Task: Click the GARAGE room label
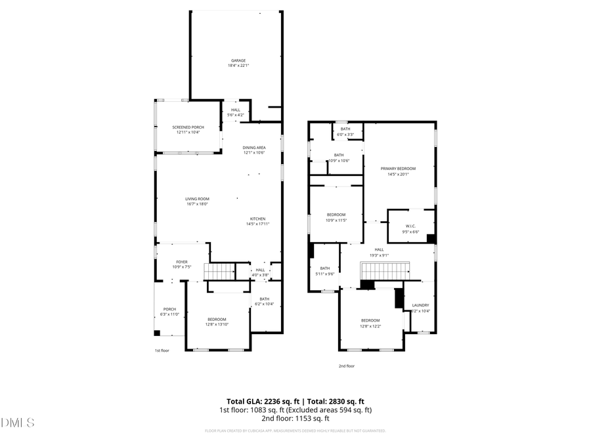pyautogui.click(x=238, y=60)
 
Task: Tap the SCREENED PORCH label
pyautogui.click(x=188, y=127)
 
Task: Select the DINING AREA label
pyautogui.click(x=254, y=148)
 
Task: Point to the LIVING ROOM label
pyautogui.click(x=196, y=199)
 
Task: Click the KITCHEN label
pyautogui.click(x=257, y=219)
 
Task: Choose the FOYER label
pyautogui.click(x=181, y=262)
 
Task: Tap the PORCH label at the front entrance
pyautogui.click(x=169, y=309)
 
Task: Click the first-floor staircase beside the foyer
pyautogui.click(x=219, y=270)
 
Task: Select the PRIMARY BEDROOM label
pyautogui.click(x=398, y=169)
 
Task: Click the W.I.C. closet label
pyautogui.click(x=410, y=226)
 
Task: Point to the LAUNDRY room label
pyautogui.click(x=420, y=305)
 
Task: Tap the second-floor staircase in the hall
pyautogui.click(x=383, y=270)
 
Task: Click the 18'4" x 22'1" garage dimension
pyautogui.click(x=238, y=66)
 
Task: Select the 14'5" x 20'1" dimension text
pyautogui.click(x=398, y=174)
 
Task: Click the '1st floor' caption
pyautogui.click(x=162, y=350)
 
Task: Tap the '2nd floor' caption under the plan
pyautogui.click(x=346, y=366)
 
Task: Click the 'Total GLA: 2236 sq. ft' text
pyautogui.click(x=261, y=401)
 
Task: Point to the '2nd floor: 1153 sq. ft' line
pyautogui.click(x=295, y=418)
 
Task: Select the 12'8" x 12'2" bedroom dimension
pyautogui.click(x=370, y=326)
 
